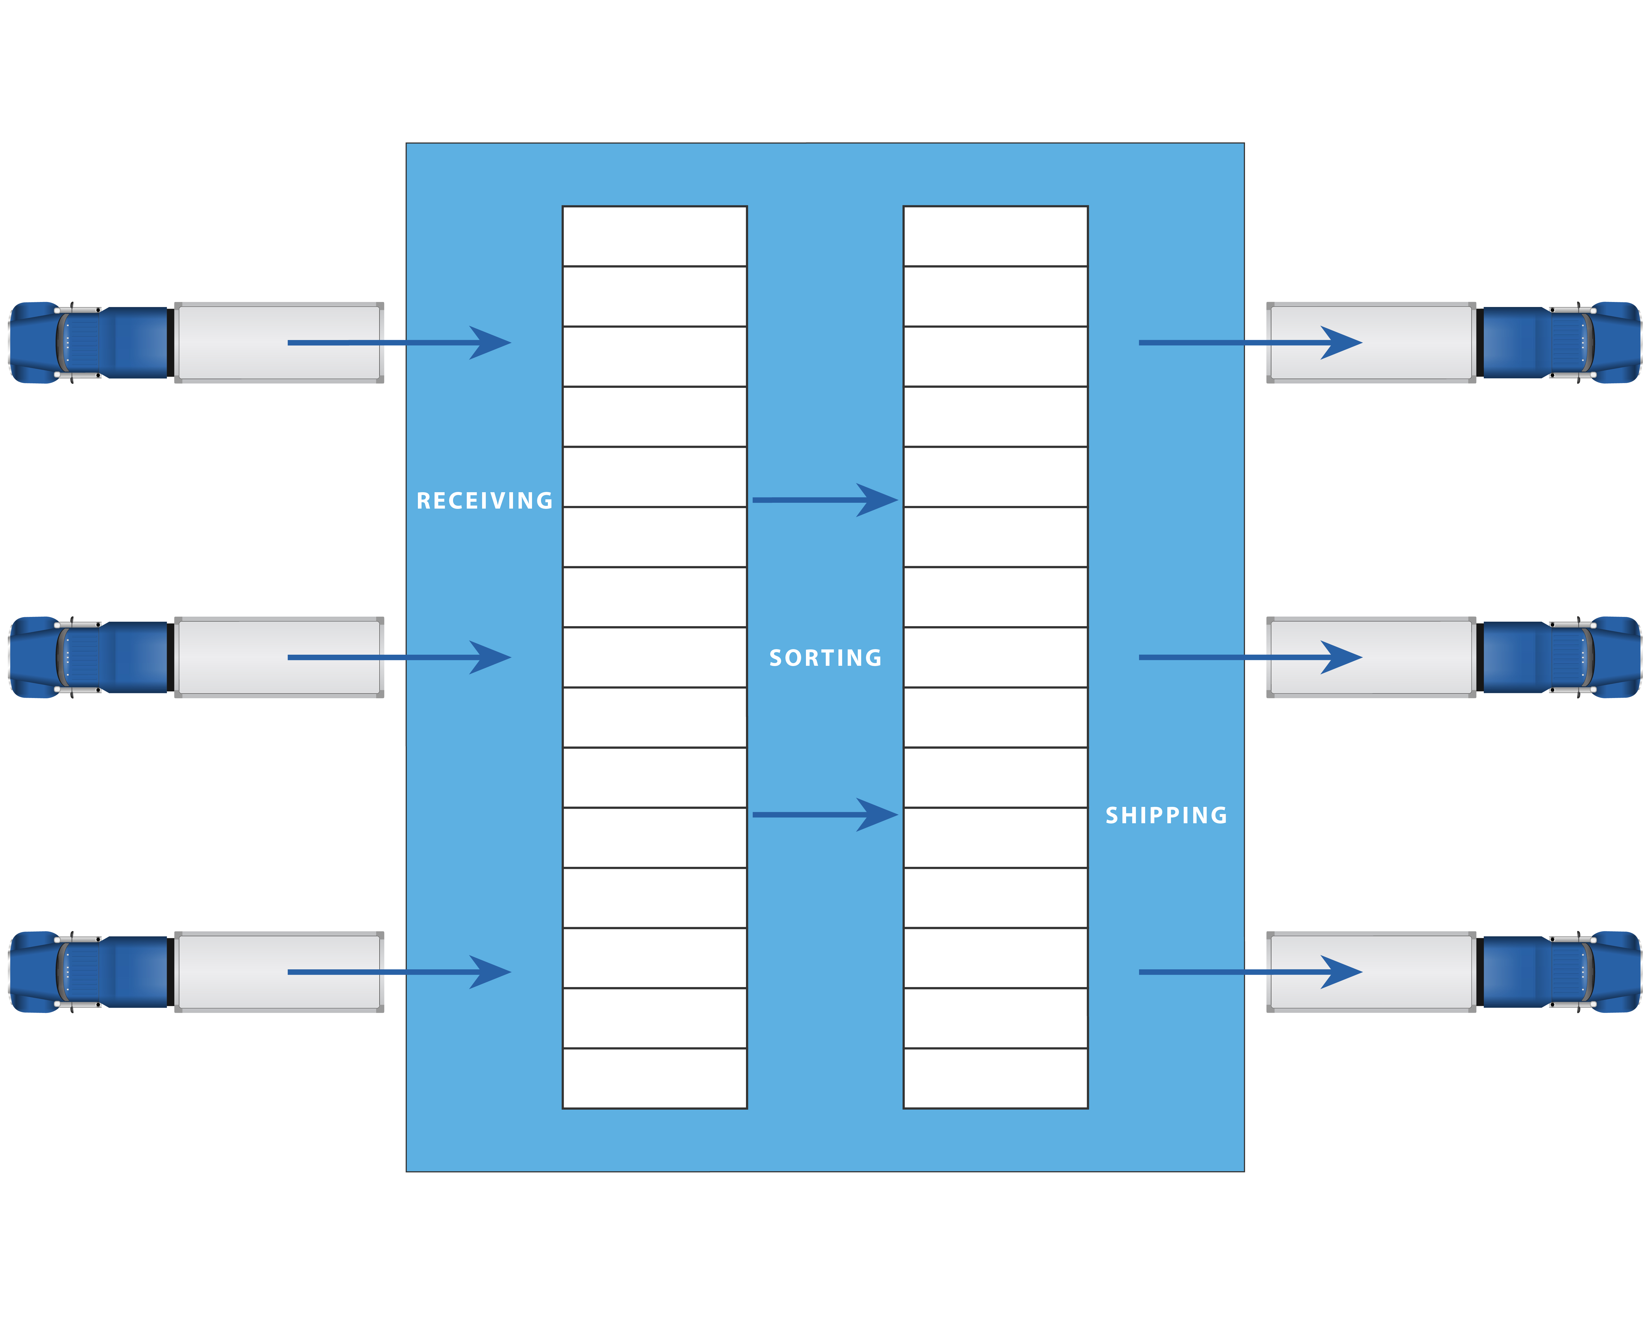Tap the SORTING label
tap(825, 658)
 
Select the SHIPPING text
tap(1166, 816)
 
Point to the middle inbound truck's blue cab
tap(92, 657)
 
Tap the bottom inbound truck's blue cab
tap(92, 972)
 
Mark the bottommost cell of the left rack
tap(655, 1078)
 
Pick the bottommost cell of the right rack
tap(996, 1078)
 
